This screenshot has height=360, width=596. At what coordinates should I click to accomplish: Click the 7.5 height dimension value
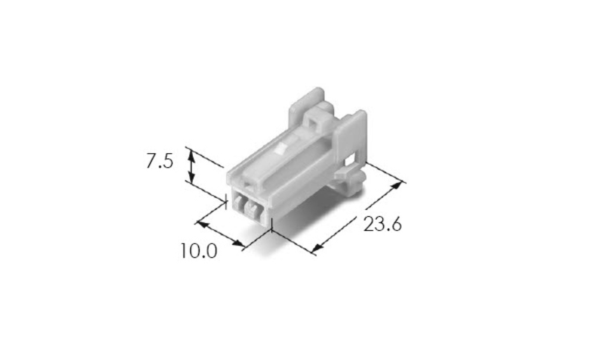click(160, 161)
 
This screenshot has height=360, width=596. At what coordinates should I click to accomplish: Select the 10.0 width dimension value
click(199, 251)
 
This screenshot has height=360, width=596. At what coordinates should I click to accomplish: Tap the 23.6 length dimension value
click(382, 224)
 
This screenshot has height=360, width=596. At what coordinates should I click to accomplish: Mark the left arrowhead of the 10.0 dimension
click(202, 224)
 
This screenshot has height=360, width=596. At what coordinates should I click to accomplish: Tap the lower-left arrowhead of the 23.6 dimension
click(317, 248)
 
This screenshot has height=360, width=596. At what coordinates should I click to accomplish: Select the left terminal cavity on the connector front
click(238, 204)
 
